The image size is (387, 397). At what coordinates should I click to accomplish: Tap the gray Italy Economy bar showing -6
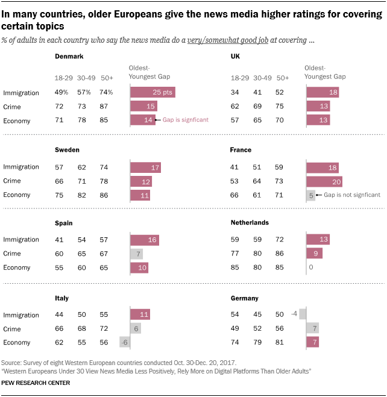click(125, 343)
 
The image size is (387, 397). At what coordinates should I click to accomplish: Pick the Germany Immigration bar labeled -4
click(303, 314)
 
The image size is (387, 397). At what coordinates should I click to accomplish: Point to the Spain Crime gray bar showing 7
click(136, 254)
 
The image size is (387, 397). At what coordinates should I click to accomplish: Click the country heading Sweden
click(67, 149)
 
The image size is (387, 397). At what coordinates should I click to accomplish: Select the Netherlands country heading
click(250, 222)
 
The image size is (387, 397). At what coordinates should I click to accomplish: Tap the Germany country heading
click(245, 298)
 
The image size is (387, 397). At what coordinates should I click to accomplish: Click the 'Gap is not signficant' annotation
click(353, 195)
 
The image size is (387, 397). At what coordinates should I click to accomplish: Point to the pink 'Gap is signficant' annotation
click(186, 120)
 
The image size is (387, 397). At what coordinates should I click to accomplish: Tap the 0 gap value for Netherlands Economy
click(310, 267)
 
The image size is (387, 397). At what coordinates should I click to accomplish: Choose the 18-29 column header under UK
click(240, 78)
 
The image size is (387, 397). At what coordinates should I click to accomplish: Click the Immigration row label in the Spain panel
click(21, 240)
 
